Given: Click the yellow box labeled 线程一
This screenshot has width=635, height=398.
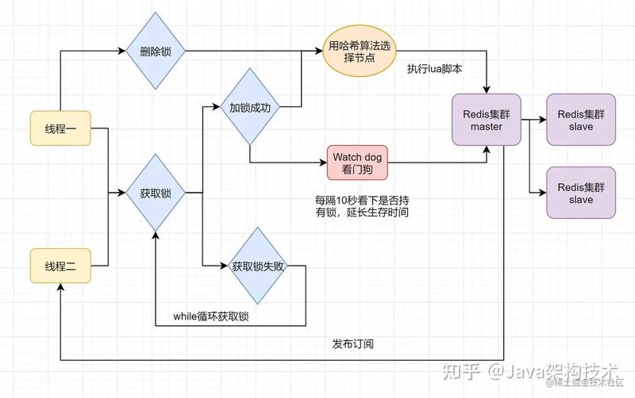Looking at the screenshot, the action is click(60, 128).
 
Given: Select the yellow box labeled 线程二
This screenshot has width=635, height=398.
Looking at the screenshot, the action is click(60, 266).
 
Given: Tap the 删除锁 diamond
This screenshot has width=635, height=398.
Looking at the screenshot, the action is click(156, 51).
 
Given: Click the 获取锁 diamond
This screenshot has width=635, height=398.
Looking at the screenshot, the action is click(156, 193).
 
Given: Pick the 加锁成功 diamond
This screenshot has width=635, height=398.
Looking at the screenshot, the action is click(249, 107).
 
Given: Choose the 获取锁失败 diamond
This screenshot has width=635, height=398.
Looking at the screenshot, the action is click(257, 266).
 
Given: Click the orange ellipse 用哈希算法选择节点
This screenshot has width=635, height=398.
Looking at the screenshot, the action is click(360, 51).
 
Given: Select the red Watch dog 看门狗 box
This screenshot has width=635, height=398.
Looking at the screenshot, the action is click(357, 163).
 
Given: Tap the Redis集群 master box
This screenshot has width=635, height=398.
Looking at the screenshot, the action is click(487, 120).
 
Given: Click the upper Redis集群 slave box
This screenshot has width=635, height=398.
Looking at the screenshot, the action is click(581, 120).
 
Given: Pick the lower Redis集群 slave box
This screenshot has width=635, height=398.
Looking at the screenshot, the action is click(581, 193).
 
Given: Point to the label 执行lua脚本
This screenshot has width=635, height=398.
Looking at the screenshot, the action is click(434, 69).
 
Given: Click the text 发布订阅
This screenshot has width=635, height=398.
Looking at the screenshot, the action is click(352, 344).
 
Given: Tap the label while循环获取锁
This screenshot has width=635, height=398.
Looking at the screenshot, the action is click(210, 316).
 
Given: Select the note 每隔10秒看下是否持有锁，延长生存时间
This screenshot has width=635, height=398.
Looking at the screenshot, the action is click(362, 206).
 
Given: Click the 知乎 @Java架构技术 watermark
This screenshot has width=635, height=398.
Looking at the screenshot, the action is click(530, 372).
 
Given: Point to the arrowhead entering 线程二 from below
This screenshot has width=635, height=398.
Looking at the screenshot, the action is click(60, 287).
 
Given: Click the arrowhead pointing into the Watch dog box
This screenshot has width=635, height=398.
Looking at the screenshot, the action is click(323, 163).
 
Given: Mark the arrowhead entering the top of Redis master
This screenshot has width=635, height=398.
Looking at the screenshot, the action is click(487, 90).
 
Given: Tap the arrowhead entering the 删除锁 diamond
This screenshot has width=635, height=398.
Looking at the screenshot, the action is click(121, 51).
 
